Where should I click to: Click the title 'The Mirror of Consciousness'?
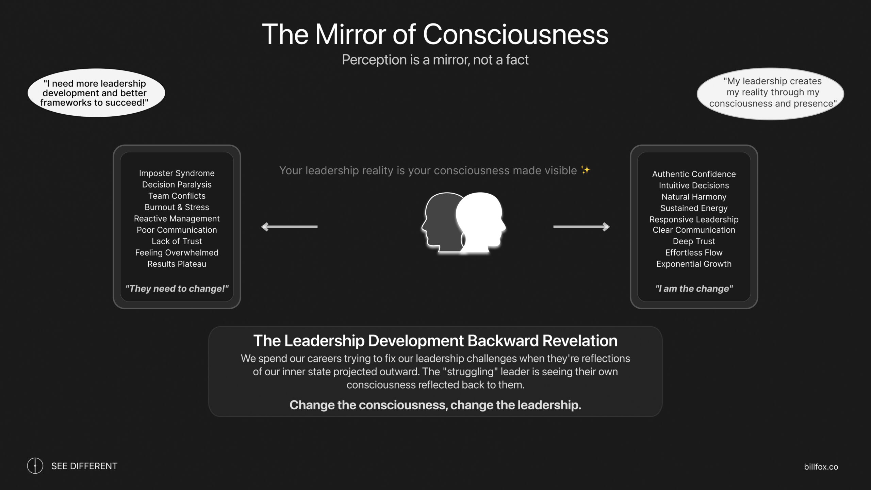[435, 34]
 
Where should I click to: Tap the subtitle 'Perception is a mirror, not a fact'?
[435, 60]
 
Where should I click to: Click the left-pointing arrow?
[289, 227]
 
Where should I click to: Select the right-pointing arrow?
[581, 227]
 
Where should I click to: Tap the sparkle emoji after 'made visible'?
[586, 170]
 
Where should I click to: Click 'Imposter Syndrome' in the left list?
[177, 173]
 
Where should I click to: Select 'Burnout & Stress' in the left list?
[177, 207]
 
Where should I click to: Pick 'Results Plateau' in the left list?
[177, 264]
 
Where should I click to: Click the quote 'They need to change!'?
[177, 289]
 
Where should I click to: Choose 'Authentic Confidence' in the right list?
[694, 174]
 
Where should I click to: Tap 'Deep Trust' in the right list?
[694, 241]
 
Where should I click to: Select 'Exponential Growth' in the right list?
[694, 264]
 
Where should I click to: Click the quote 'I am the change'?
[694, 289]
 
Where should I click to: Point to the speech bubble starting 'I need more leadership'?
[96, 93]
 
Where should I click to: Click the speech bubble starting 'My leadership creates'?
[770, 94]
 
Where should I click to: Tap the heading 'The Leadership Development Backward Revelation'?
[435, 341]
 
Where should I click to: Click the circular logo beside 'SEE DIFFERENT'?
[35, 465]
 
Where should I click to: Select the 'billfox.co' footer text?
[821, 467]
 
